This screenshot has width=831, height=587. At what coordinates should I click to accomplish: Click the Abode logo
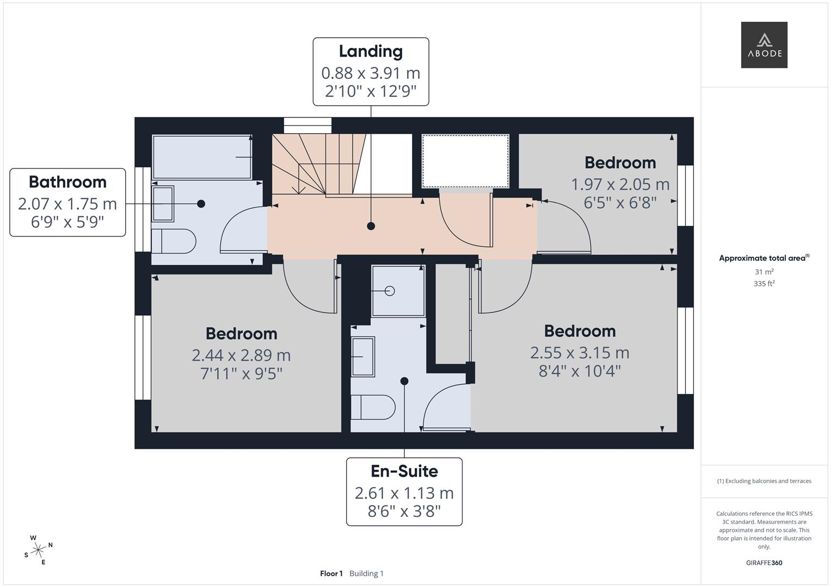(764, 45)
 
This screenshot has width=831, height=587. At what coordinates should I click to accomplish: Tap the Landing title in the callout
(371, 52)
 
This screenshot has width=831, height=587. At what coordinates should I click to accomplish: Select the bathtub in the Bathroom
(202, 157)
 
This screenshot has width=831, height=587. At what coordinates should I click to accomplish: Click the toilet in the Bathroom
(174, 241)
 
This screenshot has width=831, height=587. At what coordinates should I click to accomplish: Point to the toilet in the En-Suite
(373, 407)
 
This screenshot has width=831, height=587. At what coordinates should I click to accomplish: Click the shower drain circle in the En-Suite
(390, 291)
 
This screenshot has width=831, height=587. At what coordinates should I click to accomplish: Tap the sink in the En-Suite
(363, 357)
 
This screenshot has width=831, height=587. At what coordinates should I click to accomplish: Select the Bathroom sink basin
(163, 204)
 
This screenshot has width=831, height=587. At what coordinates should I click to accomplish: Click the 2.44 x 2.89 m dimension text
(241, 355)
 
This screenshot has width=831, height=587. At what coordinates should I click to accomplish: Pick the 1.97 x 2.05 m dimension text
(620, 185)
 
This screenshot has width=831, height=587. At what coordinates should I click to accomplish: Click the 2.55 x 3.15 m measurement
(580, 353)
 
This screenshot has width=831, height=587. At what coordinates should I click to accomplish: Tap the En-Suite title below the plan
(404, 471)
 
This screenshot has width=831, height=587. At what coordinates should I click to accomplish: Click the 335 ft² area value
(764, 284)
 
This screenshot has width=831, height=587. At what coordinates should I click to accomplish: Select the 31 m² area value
(764, 272)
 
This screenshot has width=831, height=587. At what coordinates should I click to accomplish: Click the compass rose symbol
(38, 550)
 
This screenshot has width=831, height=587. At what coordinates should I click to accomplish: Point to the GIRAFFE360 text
(764, 563)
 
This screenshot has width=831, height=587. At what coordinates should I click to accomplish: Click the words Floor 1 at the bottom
(331, 573)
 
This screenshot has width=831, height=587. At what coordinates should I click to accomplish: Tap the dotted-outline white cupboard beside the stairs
(466, 161)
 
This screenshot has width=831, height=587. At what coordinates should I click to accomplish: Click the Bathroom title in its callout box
(67, 182)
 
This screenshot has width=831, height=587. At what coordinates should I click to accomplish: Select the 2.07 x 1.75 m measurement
(67, 204)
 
